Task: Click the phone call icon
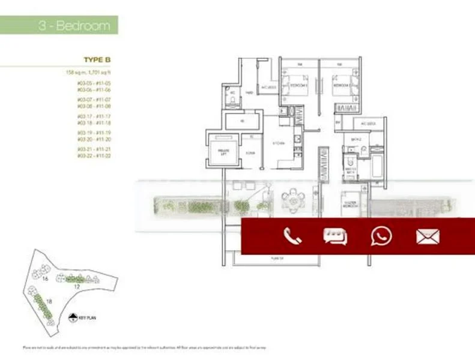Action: tap(292, 236)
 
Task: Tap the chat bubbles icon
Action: tap(334, 236)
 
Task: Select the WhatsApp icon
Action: tap(381, 236)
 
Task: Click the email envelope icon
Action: tap(428, 236)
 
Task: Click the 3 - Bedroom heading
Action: tap(74, 26)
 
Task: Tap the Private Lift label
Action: tap(222, 152)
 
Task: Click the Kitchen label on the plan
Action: tap(277, 144)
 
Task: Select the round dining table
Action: tap(292, 200)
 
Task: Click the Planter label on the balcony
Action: tap(276, 258)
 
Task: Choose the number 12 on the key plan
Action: tap(77, 287)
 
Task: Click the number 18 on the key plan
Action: tap(49, 301)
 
